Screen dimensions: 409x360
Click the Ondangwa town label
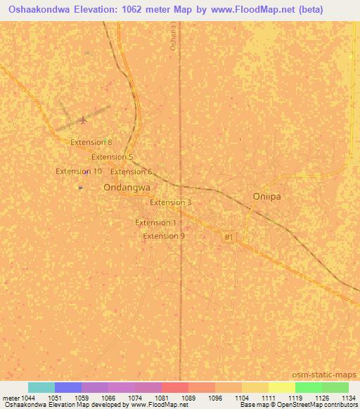[x=127, y=188]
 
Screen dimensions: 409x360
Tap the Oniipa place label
[x=266, y=197]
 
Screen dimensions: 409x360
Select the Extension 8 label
[x=91, y=142]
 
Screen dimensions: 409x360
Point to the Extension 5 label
[x=112, y=157]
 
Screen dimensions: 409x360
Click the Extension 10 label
[x=79, y=171]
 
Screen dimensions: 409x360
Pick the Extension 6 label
[x=131, y=171]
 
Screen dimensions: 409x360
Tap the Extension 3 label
[x=171, y=202]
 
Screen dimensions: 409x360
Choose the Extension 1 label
[x=155, y=223]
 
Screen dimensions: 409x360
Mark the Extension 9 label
[x=164, y=236]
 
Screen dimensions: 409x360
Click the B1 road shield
[x=228, y=238]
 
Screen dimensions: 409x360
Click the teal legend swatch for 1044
[x=41, y=387]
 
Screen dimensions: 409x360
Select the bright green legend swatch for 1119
[x=308, y=387]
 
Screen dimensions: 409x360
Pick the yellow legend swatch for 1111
[x=281, y=387]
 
